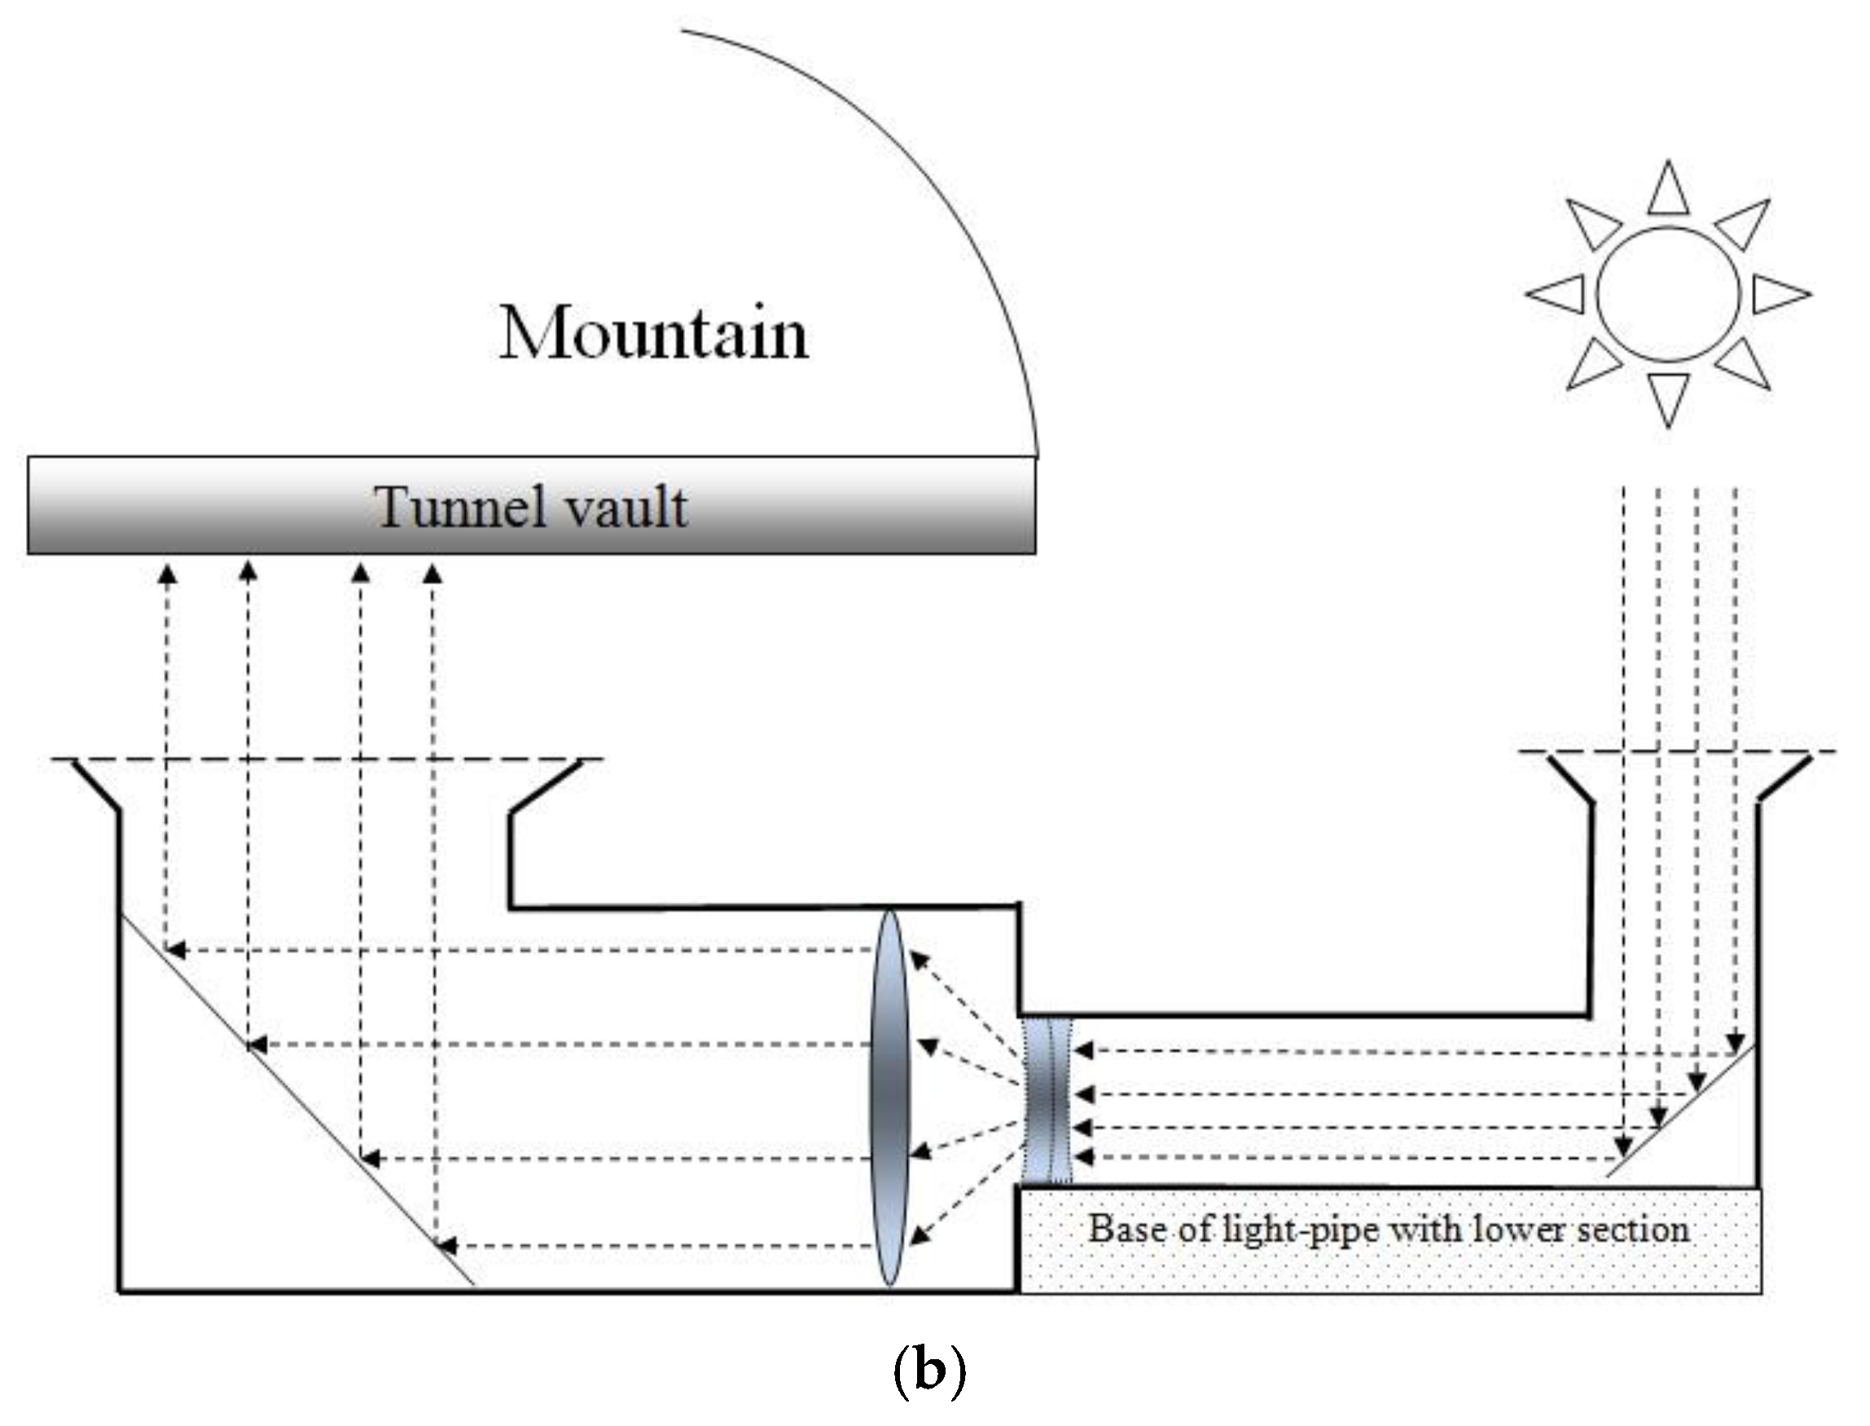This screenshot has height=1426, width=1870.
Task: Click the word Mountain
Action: [653, 333]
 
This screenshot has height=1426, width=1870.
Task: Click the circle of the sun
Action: [1668, 294]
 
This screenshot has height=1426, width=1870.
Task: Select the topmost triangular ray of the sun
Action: [1668, 191]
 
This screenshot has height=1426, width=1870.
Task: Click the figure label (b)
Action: [929, 1371]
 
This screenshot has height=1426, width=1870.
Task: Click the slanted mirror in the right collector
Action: [1680, 1111]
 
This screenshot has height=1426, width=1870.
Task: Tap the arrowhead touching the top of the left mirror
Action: [176, 950]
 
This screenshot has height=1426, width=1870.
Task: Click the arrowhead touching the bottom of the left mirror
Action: [446, 1246]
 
